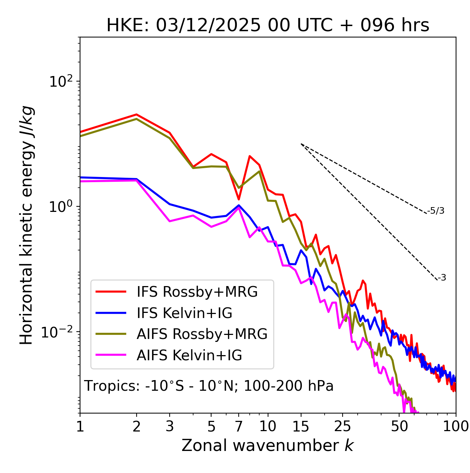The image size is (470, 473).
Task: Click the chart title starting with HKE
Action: tap(268, 25)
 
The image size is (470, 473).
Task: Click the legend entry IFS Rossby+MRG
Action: tap(197, 292)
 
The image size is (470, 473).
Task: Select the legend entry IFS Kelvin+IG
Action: tap(184, 313)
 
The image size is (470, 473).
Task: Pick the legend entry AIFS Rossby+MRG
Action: tap(202, 334)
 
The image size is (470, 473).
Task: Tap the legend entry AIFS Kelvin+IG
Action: tap(189, 355)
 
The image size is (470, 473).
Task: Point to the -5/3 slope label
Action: tap(436, 211)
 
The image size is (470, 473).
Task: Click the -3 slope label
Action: tap(442, 278)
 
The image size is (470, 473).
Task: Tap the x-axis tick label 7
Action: tap(239, 426)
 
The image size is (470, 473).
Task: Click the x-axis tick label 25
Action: tap(343, 426)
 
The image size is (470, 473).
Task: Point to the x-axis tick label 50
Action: tap(399, 426)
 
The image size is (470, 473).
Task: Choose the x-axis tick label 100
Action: tap(455, 426)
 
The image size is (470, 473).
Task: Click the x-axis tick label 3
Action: tap(170, 426)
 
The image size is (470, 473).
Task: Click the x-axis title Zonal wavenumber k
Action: tap(268, 445)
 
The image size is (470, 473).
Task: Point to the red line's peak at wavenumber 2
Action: tap(137, 114)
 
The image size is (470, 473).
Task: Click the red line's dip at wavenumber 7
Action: tap(239, 199)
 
